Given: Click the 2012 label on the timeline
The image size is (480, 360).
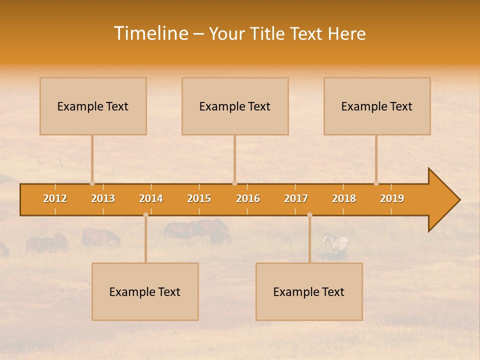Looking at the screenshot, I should (55, 198).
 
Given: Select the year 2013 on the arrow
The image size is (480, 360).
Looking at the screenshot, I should (103, 198).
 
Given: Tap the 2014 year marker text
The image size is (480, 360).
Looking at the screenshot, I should (151, 198).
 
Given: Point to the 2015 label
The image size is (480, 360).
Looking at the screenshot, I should (199, 198).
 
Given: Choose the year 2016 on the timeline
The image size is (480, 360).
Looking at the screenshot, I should (248, 198).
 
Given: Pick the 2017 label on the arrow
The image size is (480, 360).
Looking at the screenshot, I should (296, 198).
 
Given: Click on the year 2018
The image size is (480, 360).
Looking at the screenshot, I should (344, 198).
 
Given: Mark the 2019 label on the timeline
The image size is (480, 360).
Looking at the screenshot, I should (392, 198).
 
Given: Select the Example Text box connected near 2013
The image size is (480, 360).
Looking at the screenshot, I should (93, 106).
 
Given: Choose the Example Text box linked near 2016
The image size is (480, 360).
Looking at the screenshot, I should (235, 106).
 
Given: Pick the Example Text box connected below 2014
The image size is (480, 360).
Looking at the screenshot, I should (145, 291).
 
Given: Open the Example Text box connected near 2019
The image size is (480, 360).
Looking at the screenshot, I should (377, 106).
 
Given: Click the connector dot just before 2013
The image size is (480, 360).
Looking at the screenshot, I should (92, 183).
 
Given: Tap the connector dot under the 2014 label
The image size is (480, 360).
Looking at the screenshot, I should (145, 215).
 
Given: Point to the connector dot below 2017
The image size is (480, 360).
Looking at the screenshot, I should (309, 215).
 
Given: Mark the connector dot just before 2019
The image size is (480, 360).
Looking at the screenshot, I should (376, 183).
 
